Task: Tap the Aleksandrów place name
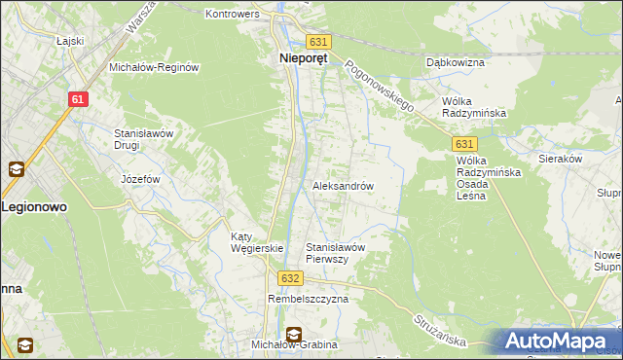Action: tap(343, 185)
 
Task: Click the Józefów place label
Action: tap(139, 179)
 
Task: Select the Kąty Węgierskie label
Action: tap(256, 242)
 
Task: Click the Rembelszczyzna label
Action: tap(308, 299)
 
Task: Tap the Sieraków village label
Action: tap(560, 157)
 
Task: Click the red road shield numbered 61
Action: tap(80, 99)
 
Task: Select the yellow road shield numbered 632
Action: tap(288, 278)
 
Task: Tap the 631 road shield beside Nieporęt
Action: tap(318, 42)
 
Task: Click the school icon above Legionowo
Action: tap(17, 169)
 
